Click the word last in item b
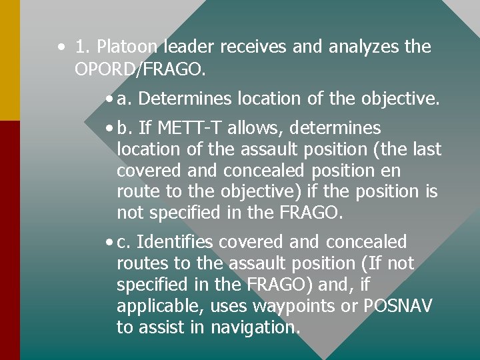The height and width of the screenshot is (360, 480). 427,149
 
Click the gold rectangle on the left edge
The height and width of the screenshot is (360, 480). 9,60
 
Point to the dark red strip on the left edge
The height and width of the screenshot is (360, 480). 9,240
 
